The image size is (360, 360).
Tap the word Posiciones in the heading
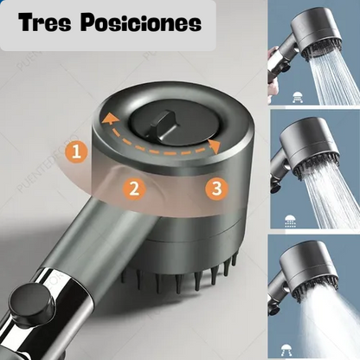pos(144,23)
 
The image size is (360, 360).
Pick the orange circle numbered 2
pos(132,188)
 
